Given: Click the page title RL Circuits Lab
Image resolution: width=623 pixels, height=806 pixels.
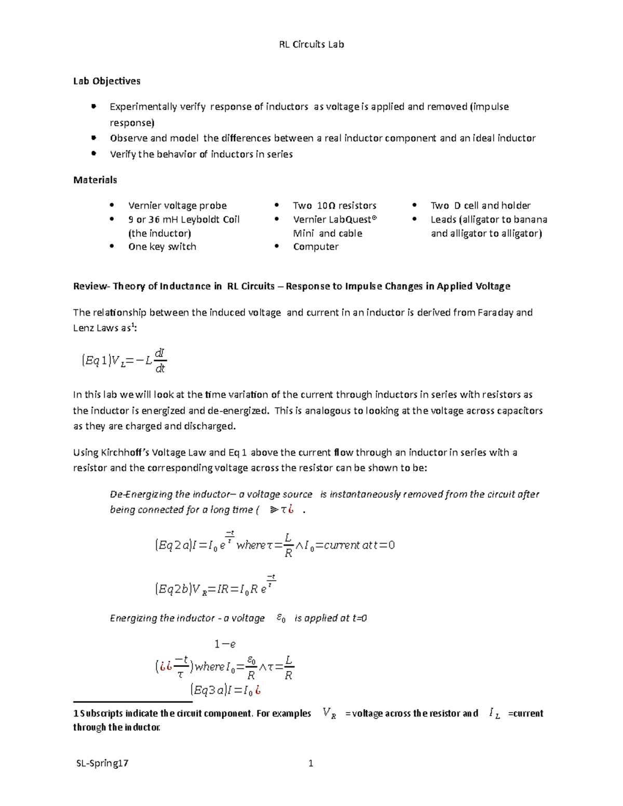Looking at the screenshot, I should pyautogui.click(x=311, y=45).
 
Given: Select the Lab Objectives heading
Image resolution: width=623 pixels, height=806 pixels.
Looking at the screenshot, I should pyautogui.click(x=106, y=81).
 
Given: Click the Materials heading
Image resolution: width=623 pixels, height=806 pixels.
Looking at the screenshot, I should pyautogui.click(x=95, y=180).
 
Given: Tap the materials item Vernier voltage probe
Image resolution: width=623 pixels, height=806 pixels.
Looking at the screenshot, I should pyautogui.click(x=177, y=206).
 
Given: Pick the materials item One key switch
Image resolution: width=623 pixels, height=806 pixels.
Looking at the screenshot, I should pyautogui.click(x=162, y=247).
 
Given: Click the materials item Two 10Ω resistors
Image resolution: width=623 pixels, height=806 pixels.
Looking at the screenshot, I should pyautogui.click(x=334, y=206).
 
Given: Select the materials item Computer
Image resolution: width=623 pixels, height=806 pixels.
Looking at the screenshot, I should pyautogui.click(x=316, y=247).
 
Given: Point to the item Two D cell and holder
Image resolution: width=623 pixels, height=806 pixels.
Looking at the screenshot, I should pyautogui.click(x=480, y=206).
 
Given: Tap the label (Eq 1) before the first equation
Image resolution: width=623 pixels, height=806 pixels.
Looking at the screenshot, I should pyautogui.click(x=96, y=360).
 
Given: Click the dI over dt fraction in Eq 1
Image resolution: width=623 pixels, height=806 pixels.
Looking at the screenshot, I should pyautogui.click(x=160, y=360).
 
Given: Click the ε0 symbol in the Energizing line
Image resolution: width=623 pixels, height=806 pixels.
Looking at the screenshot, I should pyautogui.click(x=281, y=618).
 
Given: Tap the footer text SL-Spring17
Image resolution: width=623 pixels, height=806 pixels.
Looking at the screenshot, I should pyautogui.click(x=102, y=763).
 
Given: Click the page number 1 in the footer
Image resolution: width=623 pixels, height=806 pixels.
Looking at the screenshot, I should pyautogui.click(x=311, y=763).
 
